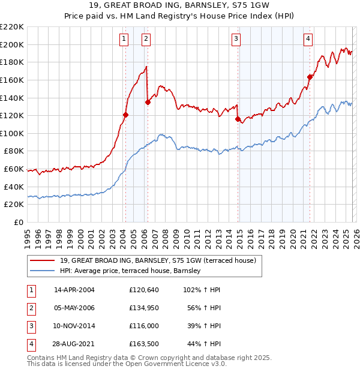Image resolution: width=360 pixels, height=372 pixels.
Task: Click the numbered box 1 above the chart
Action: pos(124,40)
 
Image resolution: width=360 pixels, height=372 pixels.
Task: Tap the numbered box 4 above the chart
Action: pos(308,40)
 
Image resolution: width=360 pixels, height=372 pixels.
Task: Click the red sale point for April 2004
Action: pos(125,115)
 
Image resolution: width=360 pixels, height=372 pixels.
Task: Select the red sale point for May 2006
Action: pos(148,102)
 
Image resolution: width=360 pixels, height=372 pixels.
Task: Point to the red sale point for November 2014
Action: pos(238,119)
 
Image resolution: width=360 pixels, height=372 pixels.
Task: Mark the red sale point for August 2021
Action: pos(310,76)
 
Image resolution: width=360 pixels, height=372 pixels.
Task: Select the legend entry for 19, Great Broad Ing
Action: pos(158,260)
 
